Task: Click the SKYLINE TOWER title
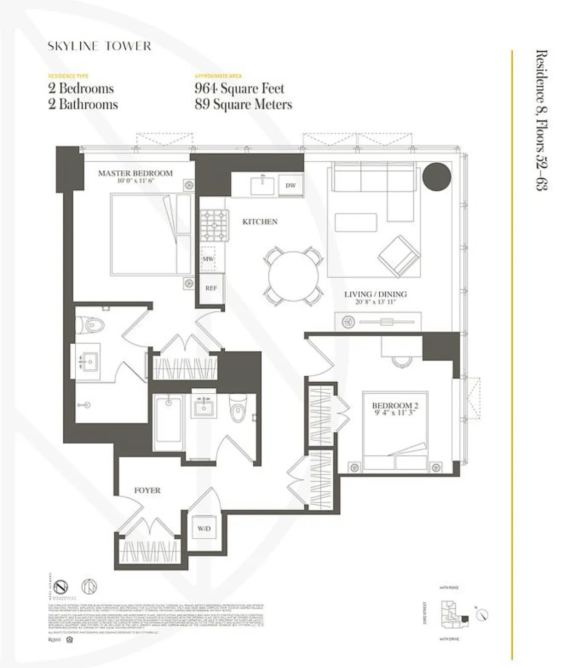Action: (x=99, y=46)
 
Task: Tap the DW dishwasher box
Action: (x=290, y=185)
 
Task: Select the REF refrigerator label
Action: (x=211, y=288)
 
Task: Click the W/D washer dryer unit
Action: (x=204, y=529)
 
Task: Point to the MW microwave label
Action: (x=208, y=259)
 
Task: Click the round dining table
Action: (x=293, y=276)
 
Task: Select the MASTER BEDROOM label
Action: (x=135, y=173)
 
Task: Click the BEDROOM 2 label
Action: (x=395, y=405)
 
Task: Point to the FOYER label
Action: (x=147, y=490)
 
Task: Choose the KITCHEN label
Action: (x=260, y=221)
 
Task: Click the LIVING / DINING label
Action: (x=375, y=294)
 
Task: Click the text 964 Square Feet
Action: (x=239, y=89)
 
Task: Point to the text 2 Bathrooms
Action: (x=83, y=104)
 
